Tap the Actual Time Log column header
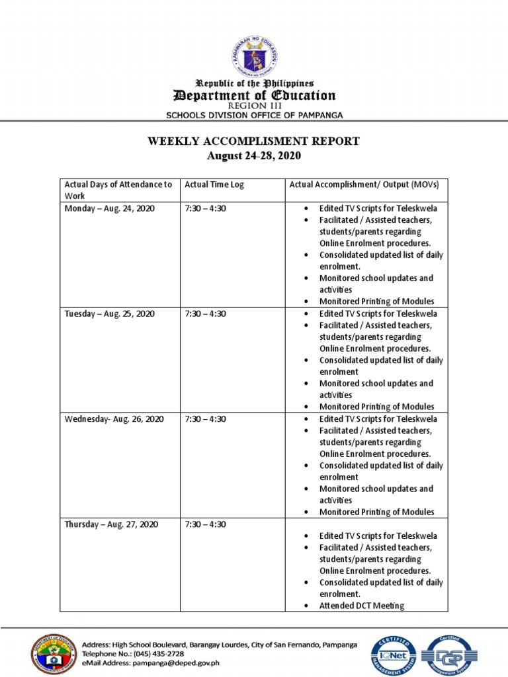(214, 184)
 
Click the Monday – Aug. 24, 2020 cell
(108, 208)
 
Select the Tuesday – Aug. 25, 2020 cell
(109, 313)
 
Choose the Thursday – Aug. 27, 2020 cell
(110, 524)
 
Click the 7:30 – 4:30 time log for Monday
(206, 208)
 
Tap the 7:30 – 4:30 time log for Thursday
(206, 524)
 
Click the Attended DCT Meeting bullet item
(361, 606)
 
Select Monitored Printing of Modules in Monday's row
(376, 301)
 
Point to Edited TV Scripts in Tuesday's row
(378, 313)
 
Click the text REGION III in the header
(254, 106)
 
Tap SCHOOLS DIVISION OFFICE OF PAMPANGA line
(254, 115)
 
